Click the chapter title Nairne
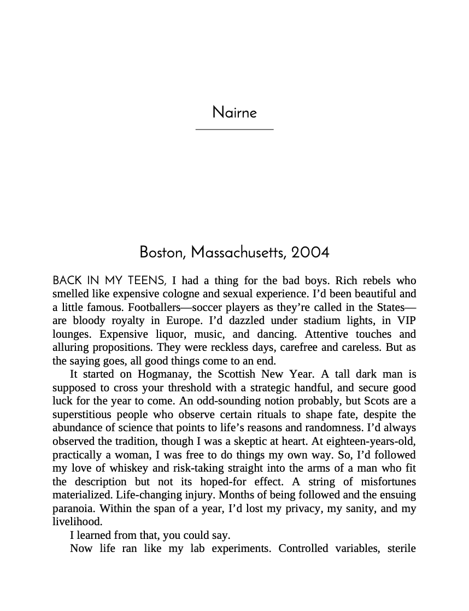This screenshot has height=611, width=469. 234,113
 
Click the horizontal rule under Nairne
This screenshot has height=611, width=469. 234,130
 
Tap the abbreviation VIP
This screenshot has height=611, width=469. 406,321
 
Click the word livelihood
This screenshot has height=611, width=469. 77,522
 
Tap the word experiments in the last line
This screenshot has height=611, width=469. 241,549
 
